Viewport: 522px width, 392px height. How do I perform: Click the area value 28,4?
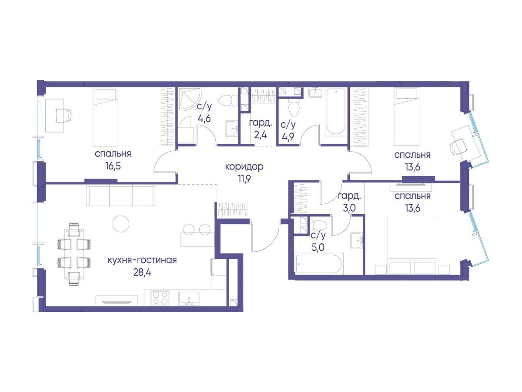142,272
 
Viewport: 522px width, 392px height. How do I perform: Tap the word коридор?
244,167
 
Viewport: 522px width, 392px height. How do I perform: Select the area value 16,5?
113,166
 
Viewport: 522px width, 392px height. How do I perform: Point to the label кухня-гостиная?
142,260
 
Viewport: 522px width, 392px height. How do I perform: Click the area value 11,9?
244,179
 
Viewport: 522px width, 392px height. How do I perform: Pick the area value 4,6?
204,118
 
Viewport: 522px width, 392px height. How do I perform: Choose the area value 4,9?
288,136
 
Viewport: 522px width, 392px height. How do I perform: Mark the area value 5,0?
318,248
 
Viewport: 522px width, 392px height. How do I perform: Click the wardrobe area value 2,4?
261,136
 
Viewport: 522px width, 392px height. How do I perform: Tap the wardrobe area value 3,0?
349,208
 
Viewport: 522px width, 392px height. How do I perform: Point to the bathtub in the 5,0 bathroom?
318,264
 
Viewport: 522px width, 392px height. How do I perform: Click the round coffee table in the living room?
121,224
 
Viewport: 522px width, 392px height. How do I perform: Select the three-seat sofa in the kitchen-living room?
121,196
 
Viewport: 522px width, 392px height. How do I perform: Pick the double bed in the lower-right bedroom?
412,245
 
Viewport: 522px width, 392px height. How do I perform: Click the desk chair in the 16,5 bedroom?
63,116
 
